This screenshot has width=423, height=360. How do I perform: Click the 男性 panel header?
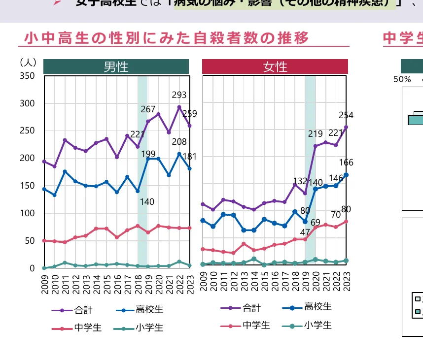tap(116, 66)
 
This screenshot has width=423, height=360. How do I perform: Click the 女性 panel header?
tap(275, 66)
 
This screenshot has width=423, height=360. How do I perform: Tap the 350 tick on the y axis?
tap(27, 76)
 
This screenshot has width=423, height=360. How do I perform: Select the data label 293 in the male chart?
tap(179, 95)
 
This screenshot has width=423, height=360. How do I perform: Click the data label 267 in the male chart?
tap(148, 109)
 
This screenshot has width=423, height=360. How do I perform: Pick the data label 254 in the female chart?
tap(346, 115)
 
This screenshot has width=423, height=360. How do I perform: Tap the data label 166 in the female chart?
tap(346, 163)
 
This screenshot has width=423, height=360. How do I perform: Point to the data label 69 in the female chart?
tap(315, 223)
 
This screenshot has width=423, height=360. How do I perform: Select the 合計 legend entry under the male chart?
tap(72, 311)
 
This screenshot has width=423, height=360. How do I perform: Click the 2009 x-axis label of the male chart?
tap(45, 283)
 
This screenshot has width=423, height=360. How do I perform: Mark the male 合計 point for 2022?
tap(179, 107)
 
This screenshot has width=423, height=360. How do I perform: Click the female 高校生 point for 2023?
tap(346, 175)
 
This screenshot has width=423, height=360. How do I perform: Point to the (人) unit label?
tap(28, 63)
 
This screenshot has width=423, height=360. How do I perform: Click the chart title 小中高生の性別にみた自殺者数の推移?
tap(167, 38)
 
